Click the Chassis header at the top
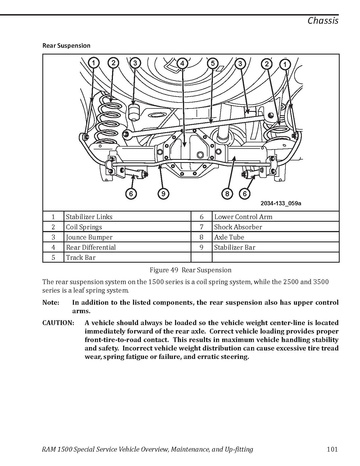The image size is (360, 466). click(323, 21)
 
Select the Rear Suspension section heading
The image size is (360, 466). click(66, 46)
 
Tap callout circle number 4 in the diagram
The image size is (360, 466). click(182, 63)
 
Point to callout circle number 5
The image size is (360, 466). click(213, 63)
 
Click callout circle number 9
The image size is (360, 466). click(163, 193)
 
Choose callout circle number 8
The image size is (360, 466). click(227, 193)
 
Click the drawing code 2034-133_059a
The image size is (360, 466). click(281, 203)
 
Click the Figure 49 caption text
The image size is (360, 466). click(190, 270)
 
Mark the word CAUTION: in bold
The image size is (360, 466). click(58, 323)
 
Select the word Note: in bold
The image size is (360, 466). click(51, 303)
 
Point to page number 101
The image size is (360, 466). click(332, 449)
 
